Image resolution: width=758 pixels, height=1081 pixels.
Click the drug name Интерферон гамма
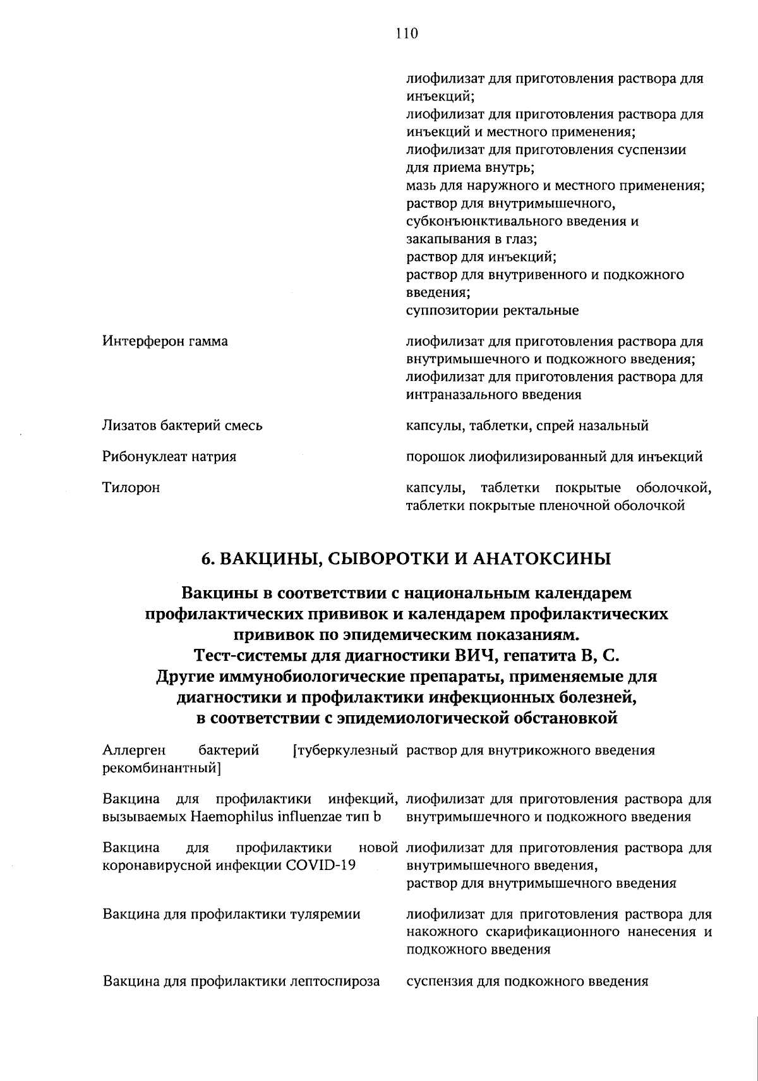(165, 342)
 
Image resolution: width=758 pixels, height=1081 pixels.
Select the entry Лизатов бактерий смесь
(183, 426)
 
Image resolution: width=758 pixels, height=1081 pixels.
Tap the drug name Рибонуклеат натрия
(169, 457)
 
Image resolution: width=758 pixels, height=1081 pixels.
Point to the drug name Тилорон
(131, 488)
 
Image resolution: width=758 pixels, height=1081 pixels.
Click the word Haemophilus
(232, 817)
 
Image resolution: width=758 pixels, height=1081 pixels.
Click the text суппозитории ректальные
(492, 311)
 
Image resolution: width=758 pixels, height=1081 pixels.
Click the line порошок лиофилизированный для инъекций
(554, 457)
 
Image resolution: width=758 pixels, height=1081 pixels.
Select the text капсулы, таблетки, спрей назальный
(527, 426)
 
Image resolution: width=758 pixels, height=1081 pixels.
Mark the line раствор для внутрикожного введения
(531, 751)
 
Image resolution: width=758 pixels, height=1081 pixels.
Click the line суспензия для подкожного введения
(527, 981)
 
